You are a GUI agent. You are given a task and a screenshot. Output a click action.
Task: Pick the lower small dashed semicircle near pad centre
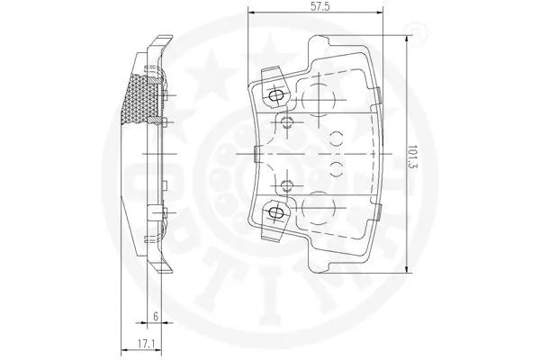[337, 169]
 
